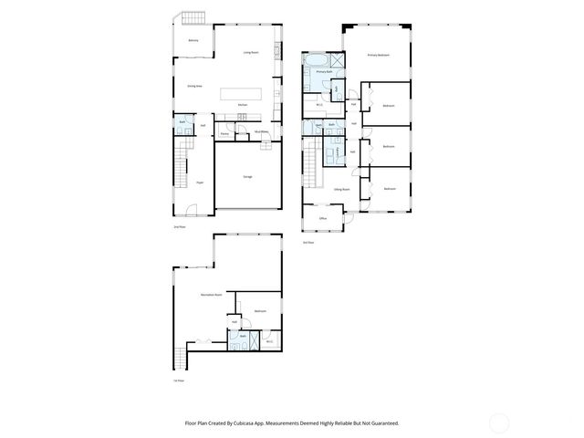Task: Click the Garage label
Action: (247, 176)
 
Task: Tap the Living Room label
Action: (252, 53)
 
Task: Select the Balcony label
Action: (193, 41)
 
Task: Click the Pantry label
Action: (224, 134)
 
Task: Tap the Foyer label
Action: (198, 182)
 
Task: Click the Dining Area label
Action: (194, 86)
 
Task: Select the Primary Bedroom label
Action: (379, 56)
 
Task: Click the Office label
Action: (323, 219)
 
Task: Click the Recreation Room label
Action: (212, 295)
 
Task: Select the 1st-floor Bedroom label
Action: (260, 311)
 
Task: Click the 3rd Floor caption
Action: (308, 243)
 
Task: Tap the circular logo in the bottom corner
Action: (498, 423)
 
